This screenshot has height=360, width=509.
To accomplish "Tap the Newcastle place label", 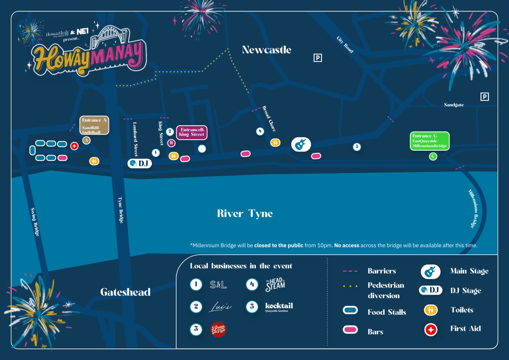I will coord(266,50).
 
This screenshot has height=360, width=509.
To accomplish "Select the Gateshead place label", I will coord(125,292).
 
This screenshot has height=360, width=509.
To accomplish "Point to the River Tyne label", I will coord(245,213).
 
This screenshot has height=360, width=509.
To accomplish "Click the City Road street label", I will coord(345,45).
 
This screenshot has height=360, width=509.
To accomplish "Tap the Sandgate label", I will coord(454,105).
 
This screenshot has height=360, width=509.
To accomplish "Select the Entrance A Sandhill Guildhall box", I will coord(95,125).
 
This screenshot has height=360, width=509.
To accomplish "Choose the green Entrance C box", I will coord(429,141).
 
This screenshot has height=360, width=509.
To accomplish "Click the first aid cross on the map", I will coord(74,146).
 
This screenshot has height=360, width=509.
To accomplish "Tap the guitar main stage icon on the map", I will coord(301,144).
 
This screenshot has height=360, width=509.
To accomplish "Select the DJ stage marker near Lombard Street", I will coord(140,163).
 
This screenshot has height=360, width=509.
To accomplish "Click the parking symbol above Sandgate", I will coord(484,97).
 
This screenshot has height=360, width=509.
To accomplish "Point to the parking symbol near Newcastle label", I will coord(317,58).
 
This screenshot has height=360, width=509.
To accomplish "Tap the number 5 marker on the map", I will coord(357,147).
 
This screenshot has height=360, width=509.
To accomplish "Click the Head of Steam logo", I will coord(275,284).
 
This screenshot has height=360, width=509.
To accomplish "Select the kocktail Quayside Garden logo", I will coord(279,307).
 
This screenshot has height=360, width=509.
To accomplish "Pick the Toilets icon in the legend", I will coord(431,310).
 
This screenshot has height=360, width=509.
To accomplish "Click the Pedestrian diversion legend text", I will coord(386,290).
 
